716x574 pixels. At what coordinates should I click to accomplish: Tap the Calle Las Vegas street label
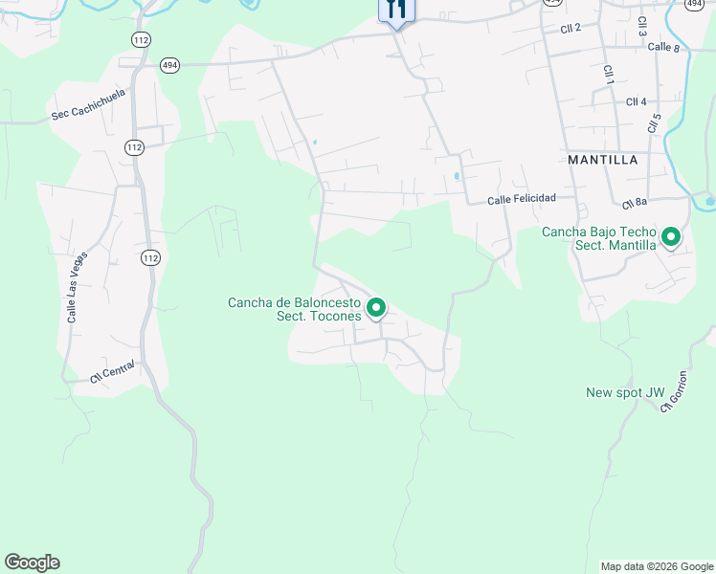click(x=77, y=286)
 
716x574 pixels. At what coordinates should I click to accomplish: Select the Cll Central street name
click(x=113, y=371)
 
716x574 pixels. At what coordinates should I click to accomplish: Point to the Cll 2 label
click(x=571, y=29)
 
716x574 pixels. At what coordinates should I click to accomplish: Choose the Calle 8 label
click(x=663, y=47)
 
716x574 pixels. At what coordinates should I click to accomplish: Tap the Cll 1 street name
click(x=608, y=75)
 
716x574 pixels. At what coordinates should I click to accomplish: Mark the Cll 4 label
click(x=637, y=101)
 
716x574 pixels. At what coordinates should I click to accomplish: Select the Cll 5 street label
click(x=655, y=123)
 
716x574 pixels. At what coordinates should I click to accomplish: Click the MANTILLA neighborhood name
click(x=603, y=160)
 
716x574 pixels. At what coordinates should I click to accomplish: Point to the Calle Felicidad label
click(x=521, y=200)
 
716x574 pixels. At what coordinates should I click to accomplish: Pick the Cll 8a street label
click(x=635, y=203)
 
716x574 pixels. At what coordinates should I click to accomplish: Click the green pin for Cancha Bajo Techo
click(x=671, y=235)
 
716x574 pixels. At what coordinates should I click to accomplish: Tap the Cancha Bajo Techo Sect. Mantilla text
click(x=599, y=238)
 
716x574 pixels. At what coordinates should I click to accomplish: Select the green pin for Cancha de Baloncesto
click(x=376, y=307)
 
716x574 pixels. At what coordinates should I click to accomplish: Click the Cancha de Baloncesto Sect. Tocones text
click(x=294, y=309)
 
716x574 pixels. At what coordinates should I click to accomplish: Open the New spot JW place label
click(x=625, y=392)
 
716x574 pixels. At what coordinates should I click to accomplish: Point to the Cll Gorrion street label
click(x=674, y=391)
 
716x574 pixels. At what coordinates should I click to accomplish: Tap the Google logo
click(x=32, y=563)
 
